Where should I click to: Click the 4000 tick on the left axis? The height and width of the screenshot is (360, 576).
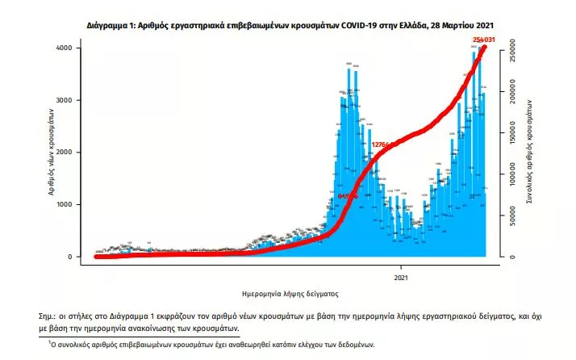[73, 48]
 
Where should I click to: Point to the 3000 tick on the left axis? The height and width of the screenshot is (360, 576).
[73, 100]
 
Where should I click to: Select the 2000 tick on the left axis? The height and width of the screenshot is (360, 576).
[73, 153]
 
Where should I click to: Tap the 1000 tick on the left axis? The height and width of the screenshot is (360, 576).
[73, 205]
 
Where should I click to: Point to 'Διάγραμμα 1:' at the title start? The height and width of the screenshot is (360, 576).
[113, 26]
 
